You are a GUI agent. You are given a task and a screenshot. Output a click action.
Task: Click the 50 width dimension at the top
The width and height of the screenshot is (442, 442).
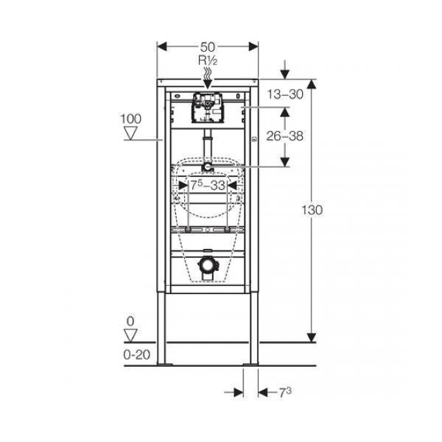(208, 47)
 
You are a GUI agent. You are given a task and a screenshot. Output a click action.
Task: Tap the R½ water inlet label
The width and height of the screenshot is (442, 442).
(208, 60)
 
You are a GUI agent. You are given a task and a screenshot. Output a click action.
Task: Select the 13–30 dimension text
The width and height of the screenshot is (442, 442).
(285, 94)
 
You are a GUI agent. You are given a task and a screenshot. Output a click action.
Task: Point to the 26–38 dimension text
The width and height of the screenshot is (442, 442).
(284, 136)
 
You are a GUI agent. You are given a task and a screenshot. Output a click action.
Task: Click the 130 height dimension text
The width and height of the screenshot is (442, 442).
(312, 210)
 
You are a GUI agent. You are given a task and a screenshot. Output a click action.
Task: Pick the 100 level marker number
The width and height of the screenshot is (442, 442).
(131, 119)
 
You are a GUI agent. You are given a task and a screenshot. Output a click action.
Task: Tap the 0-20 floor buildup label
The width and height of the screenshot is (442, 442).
(137, 355)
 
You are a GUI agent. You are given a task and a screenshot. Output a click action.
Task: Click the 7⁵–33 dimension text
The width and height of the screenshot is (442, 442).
(208, 185)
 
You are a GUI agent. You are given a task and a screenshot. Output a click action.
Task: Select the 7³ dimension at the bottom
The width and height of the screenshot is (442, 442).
(285, 392)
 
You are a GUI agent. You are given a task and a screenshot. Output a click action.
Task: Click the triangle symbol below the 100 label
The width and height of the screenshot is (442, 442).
(131, 133)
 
